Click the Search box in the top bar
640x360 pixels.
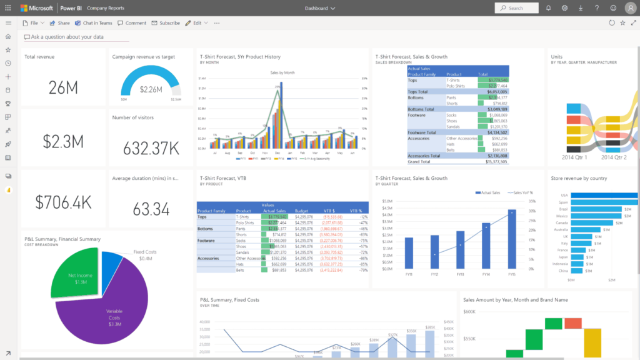coord(516,8)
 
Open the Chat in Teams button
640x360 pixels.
coord(94,22)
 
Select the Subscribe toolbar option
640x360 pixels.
coord(166,22)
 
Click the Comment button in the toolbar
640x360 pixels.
coord(132,22)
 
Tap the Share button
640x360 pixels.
coord(60,22)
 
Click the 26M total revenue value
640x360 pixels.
coord(63,88)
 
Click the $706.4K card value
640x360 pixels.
coord(63,202)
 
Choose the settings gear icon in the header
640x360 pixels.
coord(564,8)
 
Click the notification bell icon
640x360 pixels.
coord(548,8)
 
